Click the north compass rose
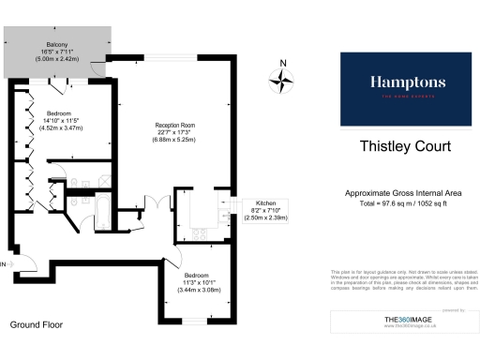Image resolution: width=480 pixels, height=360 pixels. tap(281, 82)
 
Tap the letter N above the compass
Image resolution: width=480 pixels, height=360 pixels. tap(282, 65)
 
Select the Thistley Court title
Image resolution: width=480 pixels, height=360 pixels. tap(406, 146)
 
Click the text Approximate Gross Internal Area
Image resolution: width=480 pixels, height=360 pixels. tap(406, 194)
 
